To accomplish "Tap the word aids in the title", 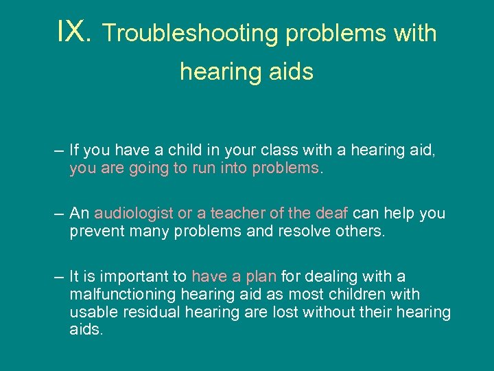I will [x=290, y=71].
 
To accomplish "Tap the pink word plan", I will [x=261, y=277].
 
